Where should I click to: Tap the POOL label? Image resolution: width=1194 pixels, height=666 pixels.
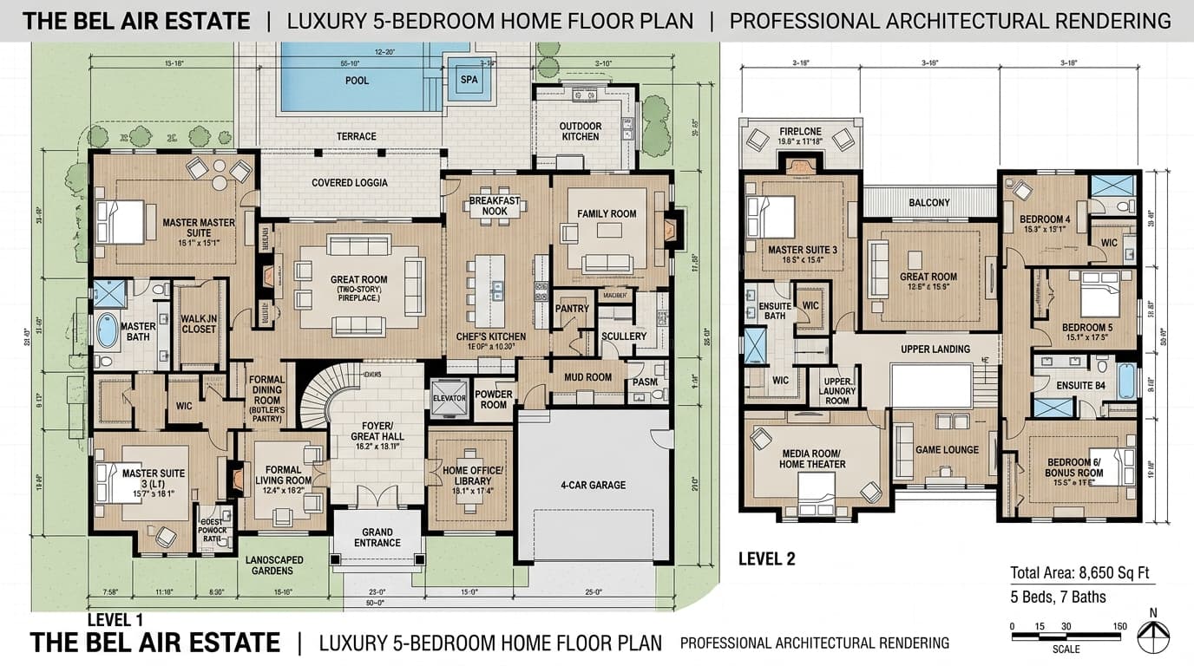pos(357,81)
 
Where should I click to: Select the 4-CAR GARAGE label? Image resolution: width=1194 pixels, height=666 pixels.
pos(594,485)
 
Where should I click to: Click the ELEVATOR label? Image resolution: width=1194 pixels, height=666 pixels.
pos(449,399)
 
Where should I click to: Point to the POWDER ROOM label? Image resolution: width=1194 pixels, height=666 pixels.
pos(494,399)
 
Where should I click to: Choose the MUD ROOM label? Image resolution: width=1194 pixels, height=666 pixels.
pos(587,377)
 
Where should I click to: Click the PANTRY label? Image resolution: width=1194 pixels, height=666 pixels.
pos(572,309)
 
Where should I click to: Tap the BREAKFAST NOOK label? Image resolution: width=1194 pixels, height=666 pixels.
pos(494,206)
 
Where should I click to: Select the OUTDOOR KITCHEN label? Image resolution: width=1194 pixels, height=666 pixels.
pos(580,131)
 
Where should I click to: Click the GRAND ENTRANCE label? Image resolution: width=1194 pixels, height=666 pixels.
pos(377,538)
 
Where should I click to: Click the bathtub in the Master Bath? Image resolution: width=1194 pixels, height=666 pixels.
pos(107,330)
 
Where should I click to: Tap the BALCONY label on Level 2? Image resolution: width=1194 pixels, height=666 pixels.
pos(929,203)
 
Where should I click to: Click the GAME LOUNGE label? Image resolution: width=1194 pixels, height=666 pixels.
pos(947,449)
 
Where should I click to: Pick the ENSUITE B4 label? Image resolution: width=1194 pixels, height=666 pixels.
pos(1080,385)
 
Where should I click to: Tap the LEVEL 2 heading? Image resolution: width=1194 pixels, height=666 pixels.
pos(766,559)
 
